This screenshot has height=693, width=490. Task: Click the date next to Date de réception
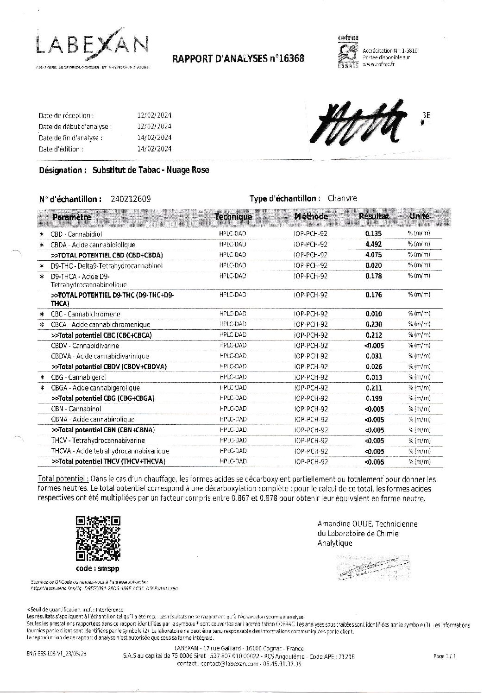click(x=155, y=115)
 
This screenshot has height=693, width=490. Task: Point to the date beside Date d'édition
click(x=155, y=149)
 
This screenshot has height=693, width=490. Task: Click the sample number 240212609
click(x=131, y=199)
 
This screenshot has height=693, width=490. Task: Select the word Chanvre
click(x=342, y=198)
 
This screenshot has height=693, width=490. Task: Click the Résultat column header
click(x=373, y=216)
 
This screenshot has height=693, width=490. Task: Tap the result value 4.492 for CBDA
click(x=373, y=244)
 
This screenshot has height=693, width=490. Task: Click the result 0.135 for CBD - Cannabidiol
click(x=373, y=233)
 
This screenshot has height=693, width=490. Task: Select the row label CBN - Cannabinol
click(x=76, y=409)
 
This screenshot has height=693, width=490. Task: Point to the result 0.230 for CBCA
click(x=373, y=324)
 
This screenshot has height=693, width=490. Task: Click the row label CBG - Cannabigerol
click(x=78, y=377)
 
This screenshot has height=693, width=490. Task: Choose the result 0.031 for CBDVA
click(x=373, y=356)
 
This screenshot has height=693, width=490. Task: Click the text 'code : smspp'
click(x=97, y=568)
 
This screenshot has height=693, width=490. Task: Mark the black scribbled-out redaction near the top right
click(x=362, y=121)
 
